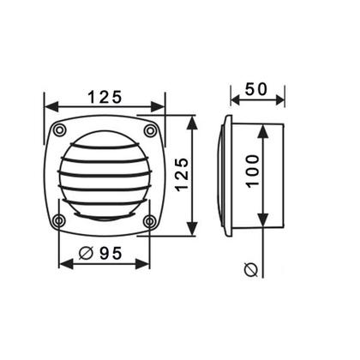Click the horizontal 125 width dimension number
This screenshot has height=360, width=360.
(x=105, y=97)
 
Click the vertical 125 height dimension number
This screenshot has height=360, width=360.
(x=182, y=175)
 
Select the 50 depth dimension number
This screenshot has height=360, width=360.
(x=256, y=89)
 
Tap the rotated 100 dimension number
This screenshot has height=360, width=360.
(x=253, y=171)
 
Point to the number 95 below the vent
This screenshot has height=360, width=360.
(x=111, y=253)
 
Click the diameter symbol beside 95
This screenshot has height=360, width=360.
(x=86, y=253)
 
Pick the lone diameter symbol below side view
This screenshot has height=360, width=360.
(x=251, y=270)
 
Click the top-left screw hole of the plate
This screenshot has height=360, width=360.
(x=59, y=130)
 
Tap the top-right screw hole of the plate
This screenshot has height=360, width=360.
(x=150, y=131)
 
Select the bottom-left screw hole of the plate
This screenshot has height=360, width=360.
(x=59, y=221)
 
